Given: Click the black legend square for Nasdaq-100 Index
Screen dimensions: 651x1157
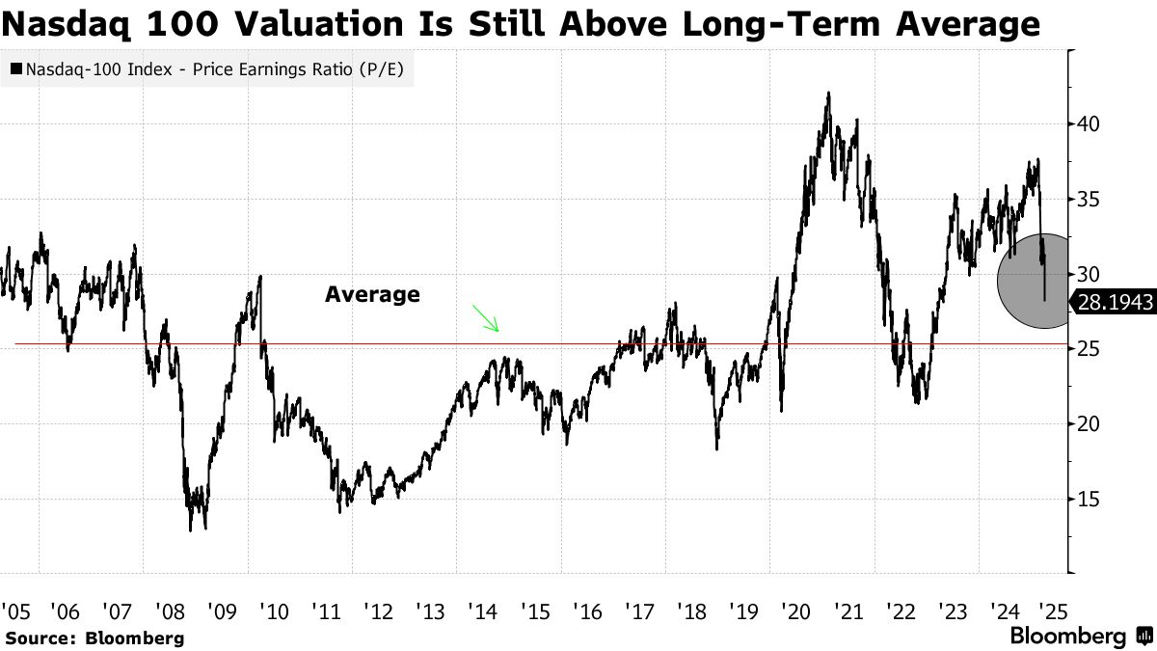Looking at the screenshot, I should pyautogui.click(x=16, y=69).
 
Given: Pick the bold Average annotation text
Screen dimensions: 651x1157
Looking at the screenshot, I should pyautogui.click(x=372, y=295).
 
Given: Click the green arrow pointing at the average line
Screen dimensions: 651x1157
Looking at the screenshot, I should pyautogui.click(x=485, y=318).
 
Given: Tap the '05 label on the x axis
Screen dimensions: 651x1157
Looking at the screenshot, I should pyautogui.click(x=14, y=610).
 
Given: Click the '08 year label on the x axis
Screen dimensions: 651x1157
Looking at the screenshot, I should pyautogui.click(x=172, y=610).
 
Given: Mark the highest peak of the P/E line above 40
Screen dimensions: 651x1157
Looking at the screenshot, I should pyautogui.click(x=829, y=94).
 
